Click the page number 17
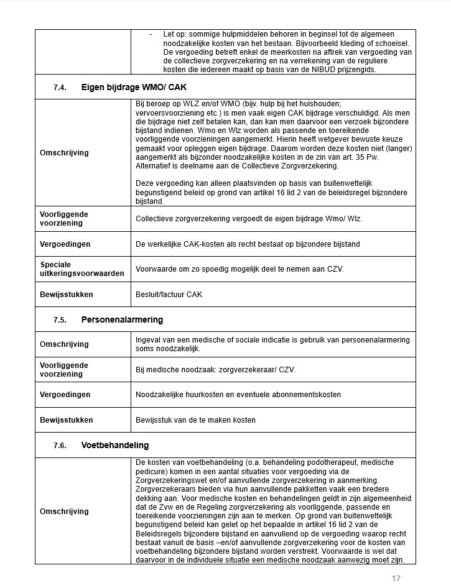tap(396, 579)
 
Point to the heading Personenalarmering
tap(122, 320)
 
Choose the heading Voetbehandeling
tap(115, 446)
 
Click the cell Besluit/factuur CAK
tap(169, 295)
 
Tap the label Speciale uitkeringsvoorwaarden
tap(81, 269)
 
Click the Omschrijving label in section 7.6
tap(64, 512)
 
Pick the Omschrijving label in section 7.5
tap(64, 344)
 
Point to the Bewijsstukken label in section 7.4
tap(66, 295)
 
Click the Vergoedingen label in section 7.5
tap(65, 395)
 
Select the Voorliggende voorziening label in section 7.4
tap(64, 218)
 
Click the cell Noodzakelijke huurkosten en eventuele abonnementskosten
tap(238, 395)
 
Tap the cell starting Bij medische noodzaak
tap(215, 370)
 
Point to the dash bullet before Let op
tap(151, 34)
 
